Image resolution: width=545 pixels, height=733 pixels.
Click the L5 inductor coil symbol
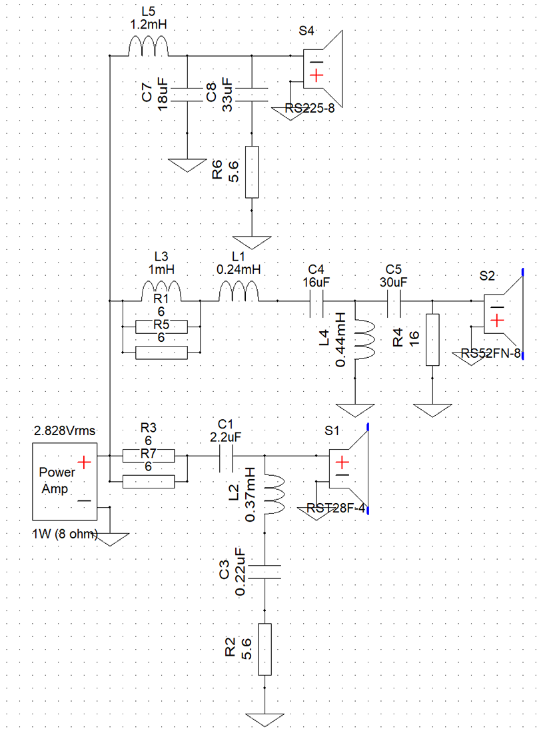[x=148, y=48]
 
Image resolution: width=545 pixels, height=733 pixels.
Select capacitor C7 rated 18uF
[x=187, y=95]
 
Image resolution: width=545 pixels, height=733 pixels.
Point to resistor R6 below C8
[x=251, y=172]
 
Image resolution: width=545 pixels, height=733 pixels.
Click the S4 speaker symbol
[x=323, y=70]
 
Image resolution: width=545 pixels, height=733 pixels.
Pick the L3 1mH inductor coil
[x=161, y=292]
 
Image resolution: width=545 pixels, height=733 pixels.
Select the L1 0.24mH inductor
[x=239, y=292]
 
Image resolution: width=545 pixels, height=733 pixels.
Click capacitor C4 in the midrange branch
[x=316, y=301]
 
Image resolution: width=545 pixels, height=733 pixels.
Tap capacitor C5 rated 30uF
[x=394, y=301]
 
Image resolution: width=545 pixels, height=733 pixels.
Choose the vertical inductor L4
[x=361, y=340]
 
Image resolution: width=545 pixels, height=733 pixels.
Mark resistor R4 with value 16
[x=432, y=340]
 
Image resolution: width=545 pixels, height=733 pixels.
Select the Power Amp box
[x=65, y=482]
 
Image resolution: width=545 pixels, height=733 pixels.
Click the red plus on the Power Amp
[x=84, y=463]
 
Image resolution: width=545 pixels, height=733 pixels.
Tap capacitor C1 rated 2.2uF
[x=226, y=456]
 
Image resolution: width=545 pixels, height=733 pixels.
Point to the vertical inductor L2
[x=271, y=494]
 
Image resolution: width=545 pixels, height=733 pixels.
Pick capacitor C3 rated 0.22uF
[x=265, y=572]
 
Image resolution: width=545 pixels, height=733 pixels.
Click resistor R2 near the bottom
[x=265, y=649]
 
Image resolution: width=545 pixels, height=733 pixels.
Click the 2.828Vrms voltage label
[x=65, y=430]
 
